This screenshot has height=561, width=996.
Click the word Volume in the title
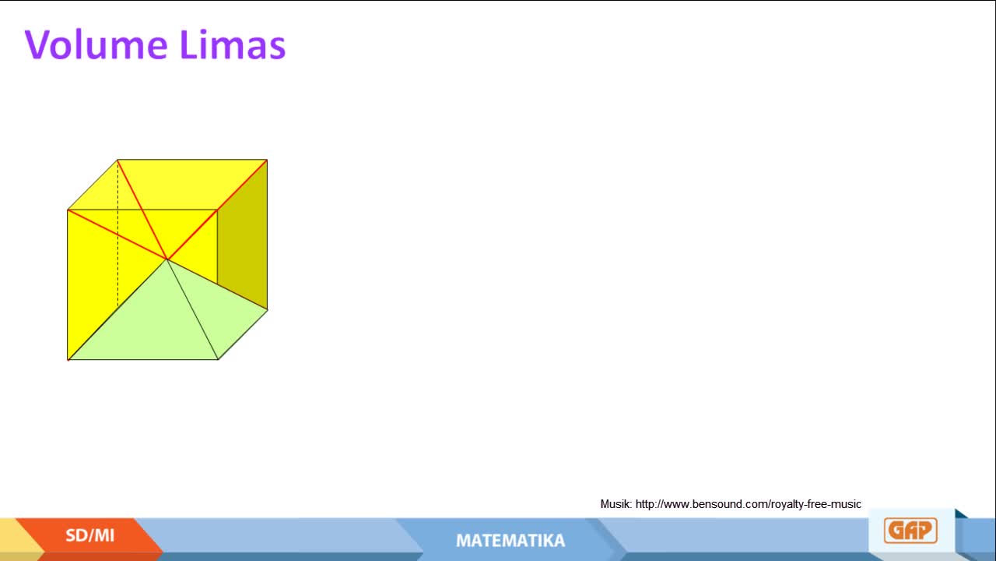(x=96, y=44)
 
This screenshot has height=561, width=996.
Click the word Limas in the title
(x=233, y=44)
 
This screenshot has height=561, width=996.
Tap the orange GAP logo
(x=910, y=531)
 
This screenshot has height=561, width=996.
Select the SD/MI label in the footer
(x=89, y=535)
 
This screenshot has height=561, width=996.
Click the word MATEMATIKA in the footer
(x=510, y=541)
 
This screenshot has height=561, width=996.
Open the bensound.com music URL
(x=749, y=504)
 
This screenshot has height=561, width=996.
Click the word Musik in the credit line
(x=615, y=504)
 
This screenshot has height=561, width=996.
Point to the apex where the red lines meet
(x=167, y=259)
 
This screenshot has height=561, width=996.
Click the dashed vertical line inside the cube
(x=117, y=234)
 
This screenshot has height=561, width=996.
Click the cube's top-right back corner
(x=267, y=160)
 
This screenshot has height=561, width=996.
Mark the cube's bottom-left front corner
(x=68, y=360)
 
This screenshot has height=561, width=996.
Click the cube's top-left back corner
(x=117, y=160)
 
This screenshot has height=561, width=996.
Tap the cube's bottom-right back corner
(x=267, y=309)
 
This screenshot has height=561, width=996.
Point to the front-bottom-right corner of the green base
(x=218, y=359)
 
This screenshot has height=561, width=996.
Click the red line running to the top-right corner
(x=217, y=210)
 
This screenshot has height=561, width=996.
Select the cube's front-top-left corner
(x=68, y=210)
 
